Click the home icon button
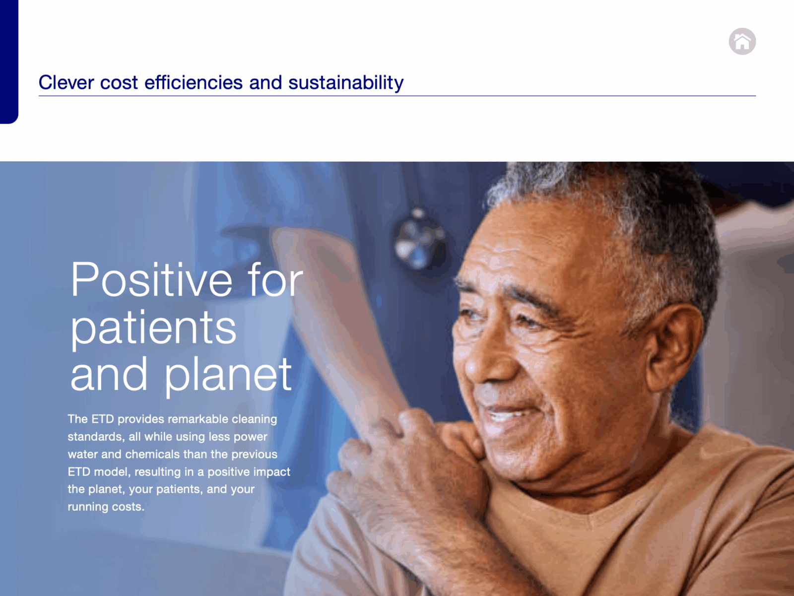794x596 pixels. click(x=742, y=41)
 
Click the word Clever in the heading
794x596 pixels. click(x=66, y=82)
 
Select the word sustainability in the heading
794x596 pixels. click(x=346, y=83)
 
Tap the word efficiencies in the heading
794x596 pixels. click(x=194, y=82)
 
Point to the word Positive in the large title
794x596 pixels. click(x=151, y=279)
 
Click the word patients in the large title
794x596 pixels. click(x=153, y=329)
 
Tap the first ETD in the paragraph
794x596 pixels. click(x=102, y=419)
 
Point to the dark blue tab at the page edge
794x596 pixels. click(x=9, y=62)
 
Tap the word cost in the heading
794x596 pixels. click(x=119, y=83)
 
